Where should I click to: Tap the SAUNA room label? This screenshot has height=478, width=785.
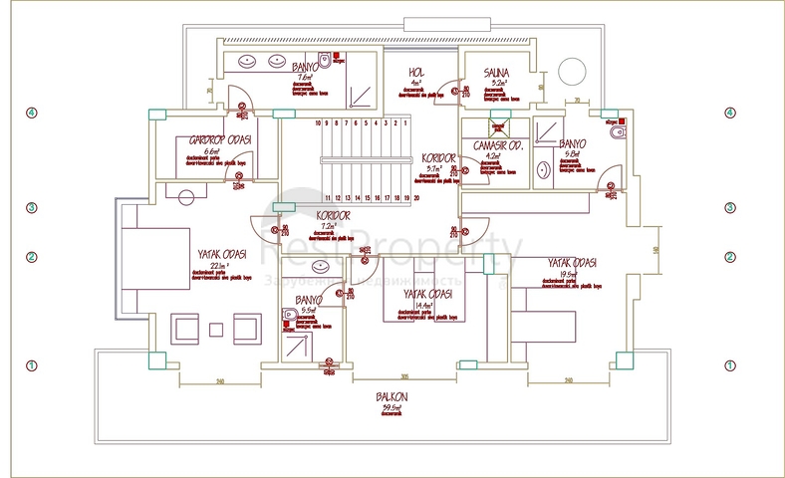click(496, 73)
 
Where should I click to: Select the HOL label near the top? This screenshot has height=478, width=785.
click(416, 73)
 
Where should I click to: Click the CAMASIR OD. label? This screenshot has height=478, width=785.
click(498, 145)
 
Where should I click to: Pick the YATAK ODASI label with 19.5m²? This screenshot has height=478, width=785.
click(572, 263)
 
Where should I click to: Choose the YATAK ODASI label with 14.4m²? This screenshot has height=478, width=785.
click(428, 295)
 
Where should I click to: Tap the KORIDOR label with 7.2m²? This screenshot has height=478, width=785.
click(333, 215)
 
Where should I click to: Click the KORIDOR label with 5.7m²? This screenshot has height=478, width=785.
click(438, 158)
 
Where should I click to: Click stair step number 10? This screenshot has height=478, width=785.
click(318, 123)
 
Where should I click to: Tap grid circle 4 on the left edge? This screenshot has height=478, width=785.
click(31, 113)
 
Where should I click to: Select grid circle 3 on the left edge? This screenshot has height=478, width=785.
click(31, 208)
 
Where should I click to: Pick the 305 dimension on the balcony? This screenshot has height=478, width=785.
click(404, 376)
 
